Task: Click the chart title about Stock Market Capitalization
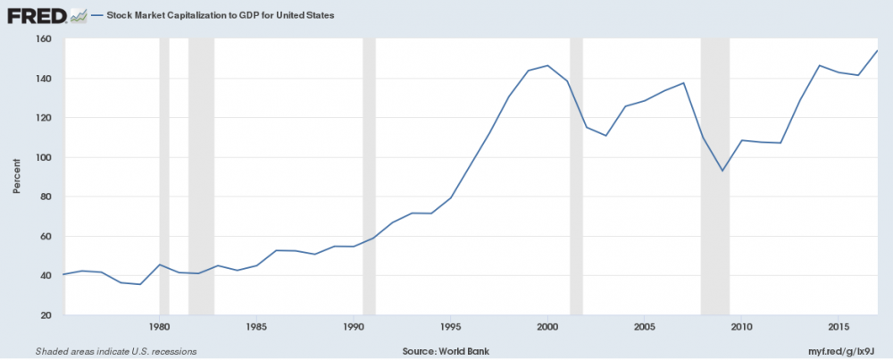(219, 16)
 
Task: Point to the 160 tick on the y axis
(44, 39)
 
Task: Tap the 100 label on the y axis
(44, 157)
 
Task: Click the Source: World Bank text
(439, 350)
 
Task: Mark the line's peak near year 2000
(547, 65)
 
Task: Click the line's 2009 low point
(722, 171)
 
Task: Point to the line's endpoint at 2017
(877, 51)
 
